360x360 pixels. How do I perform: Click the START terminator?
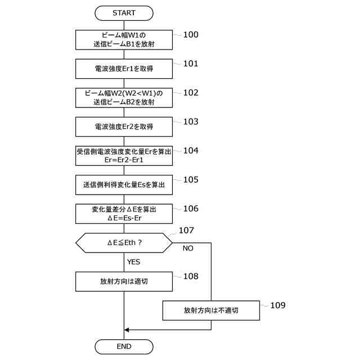pyautogui.click(x=124, y=12)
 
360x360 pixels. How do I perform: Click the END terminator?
pyautogui.click(x=124, y=346)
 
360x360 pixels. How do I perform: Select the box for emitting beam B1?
pyautogui.click(x=124, y=39)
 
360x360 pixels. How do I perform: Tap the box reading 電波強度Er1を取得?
pyautogui.click(x=124, y=68)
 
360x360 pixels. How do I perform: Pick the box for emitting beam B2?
pyautogui.click(x=124, y=97)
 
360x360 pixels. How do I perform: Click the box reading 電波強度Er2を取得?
pyautogui.click(x=124, y=127)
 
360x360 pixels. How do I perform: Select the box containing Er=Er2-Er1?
pyautogui.click(x=124, y=156)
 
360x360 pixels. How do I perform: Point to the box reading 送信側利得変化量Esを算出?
pyautogui.click(x=124, y=184)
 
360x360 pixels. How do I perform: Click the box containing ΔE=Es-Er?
pyautogui.click(x=124, y=213)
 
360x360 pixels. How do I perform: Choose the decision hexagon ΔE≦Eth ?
pyautogui.click(x=124, y=243)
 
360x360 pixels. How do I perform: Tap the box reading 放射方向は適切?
pyautogui.click(x=124, y=281)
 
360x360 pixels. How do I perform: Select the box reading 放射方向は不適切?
pyautogui.click(x=211, y=310)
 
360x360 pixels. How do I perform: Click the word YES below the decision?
pyautogui.click(x=134, y=262)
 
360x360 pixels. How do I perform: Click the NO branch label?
pyautogui.click(x=188, y=248)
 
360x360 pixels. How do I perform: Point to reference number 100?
pyautogui.click(x=191, y=35)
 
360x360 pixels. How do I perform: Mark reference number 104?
pyautogui.click(x=191, y=151)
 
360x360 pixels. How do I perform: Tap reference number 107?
pyautogui.click(x=186, y=231)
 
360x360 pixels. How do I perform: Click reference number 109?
pyautogui.click(x=278, y=305)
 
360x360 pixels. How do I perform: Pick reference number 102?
pyautogui.click(x=191, y=92)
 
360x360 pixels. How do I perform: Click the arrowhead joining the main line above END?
pyautogui.click(x=127, y=330)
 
